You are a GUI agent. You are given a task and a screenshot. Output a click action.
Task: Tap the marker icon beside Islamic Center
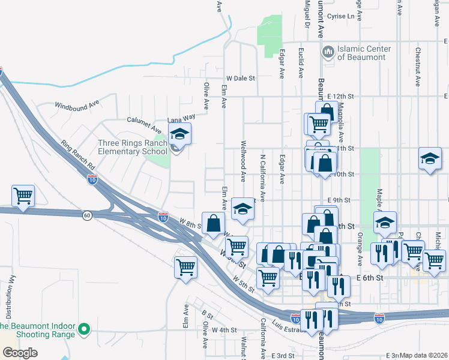328,52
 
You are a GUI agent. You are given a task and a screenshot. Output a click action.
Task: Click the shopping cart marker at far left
23,196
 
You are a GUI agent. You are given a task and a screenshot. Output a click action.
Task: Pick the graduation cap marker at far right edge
430,159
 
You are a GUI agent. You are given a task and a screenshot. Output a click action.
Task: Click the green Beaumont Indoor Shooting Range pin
85,329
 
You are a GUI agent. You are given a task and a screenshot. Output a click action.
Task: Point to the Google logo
20,353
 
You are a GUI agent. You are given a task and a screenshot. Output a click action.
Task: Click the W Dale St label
241,78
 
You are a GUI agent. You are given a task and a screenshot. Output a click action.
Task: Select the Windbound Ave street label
77,105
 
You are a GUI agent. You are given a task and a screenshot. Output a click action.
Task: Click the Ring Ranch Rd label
77,155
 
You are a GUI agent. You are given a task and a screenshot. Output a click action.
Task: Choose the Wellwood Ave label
244,161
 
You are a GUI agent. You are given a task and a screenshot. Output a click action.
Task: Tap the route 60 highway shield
87,215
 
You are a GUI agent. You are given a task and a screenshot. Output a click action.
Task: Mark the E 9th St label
339,200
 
